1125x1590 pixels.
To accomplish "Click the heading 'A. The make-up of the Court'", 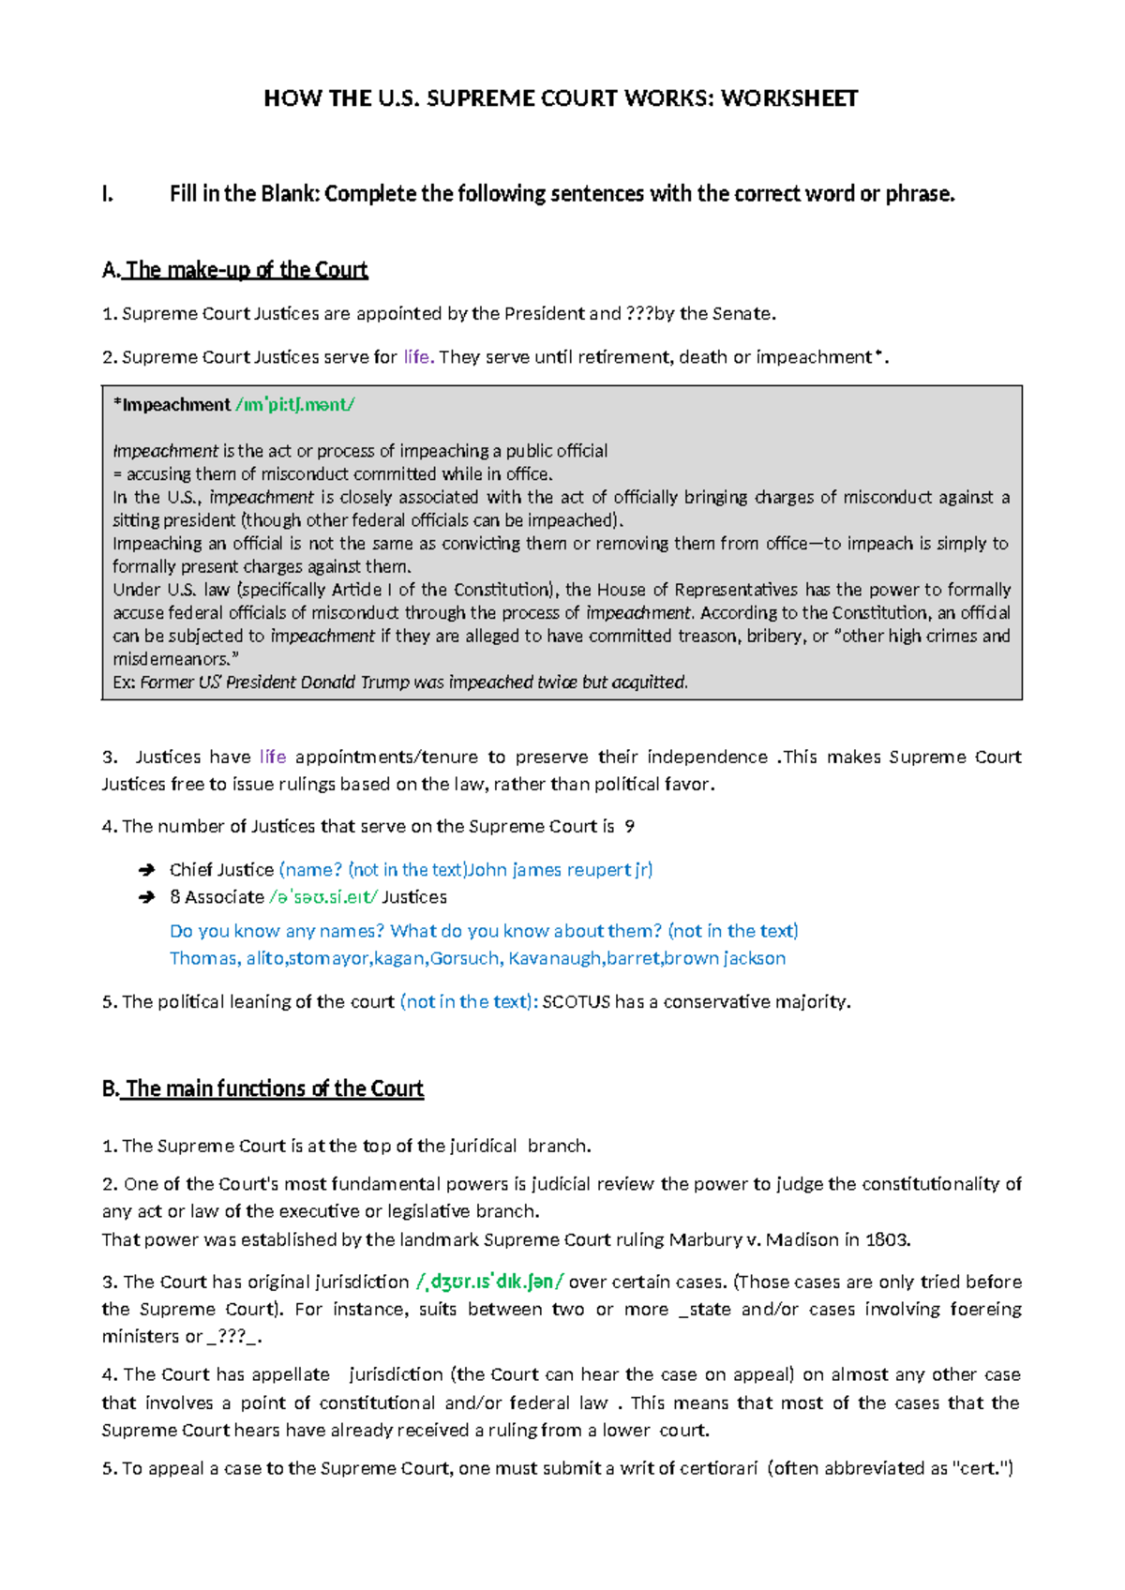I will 234,270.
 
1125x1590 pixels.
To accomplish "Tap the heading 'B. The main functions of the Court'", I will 262,1088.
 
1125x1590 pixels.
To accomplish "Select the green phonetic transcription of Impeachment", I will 294,405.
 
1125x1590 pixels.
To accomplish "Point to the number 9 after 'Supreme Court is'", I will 630,827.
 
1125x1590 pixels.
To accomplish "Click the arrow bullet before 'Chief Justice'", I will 146,871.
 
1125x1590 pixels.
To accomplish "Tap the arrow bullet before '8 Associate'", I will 146,898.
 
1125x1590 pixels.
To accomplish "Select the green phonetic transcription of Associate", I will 323,897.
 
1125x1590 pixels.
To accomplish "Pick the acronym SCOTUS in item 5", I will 576,1002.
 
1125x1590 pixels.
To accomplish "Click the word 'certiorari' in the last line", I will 718,1468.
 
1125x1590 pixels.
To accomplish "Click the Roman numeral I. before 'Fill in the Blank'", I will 107,194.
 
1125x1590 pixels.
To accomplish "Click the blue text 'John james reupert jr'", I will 560,870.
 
